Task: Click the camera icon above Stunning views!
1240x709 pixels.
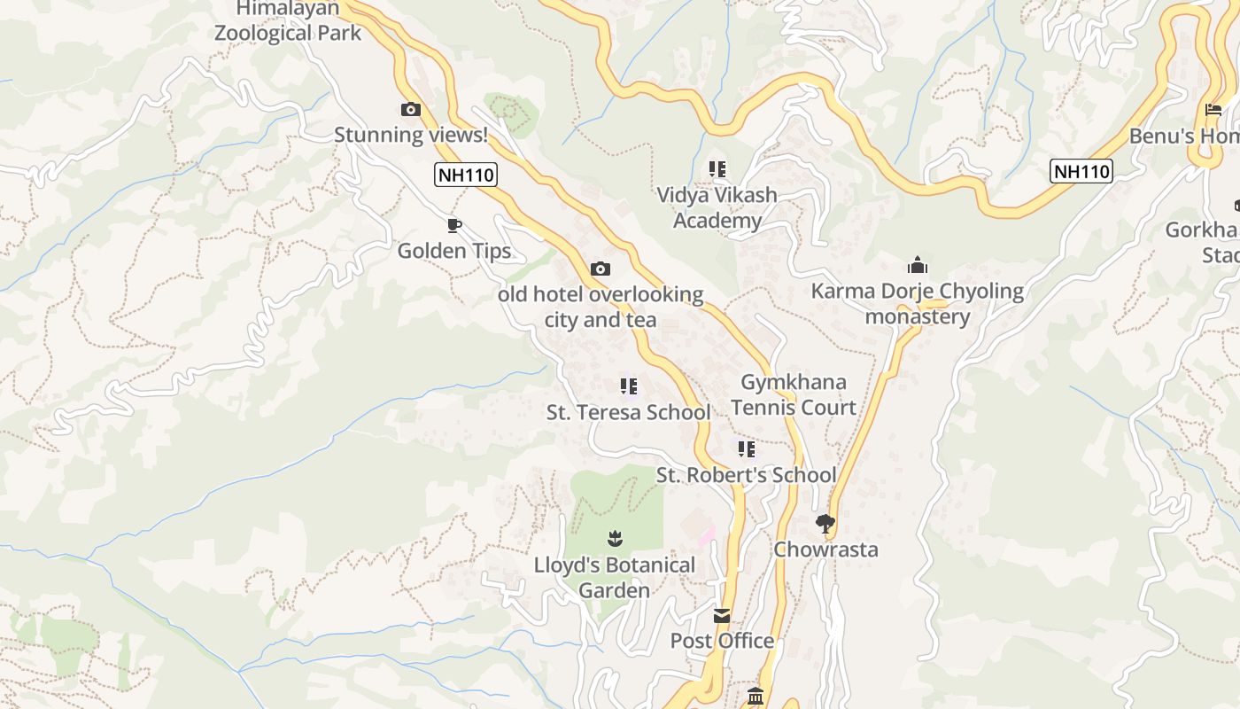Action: [411, 110]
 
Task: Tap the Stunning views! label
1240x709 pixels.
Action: [411, 135]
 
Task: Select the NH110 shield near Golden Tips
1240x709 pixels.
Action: [466, 175]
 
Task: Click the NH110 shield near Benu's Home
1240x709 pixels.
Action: [1081, 171]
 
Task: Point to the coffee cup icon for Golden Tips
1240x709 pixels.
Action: [454, 226]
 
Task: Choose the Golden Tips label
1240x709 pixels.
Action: [454, 251]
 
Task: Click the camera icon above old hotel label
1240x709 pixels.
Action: [601, 269]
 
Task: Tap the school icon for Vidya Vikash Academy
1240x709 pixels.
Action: [717, 169]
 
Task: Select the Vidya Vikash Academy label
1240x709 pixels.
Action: [717, 207]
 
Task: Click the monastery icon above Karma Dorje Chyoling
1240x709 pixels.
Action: [918, 265]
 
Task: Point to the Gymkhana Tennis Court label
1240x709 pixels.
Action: [794, 395]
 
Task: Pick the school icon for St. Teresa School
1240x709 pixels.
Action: [629, 386]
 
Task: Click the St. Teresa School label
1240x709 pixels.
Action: [629, 412]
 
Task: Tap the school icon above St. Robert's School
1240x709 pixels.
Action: [747, 449]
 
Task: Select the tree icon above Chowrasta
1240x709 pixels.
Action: [825, 524]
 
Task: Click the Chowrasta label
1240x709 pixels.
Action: [826, 549]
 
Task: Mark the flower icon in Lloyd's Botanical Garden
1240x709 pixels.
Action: [615, 538]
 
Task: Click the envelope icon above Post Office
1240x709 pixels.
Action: [723, 615]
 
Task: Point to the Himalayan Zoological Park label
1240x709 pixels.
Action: [288, 21]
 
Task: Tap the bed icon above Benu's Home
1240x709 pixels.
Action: [1213, 111]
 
